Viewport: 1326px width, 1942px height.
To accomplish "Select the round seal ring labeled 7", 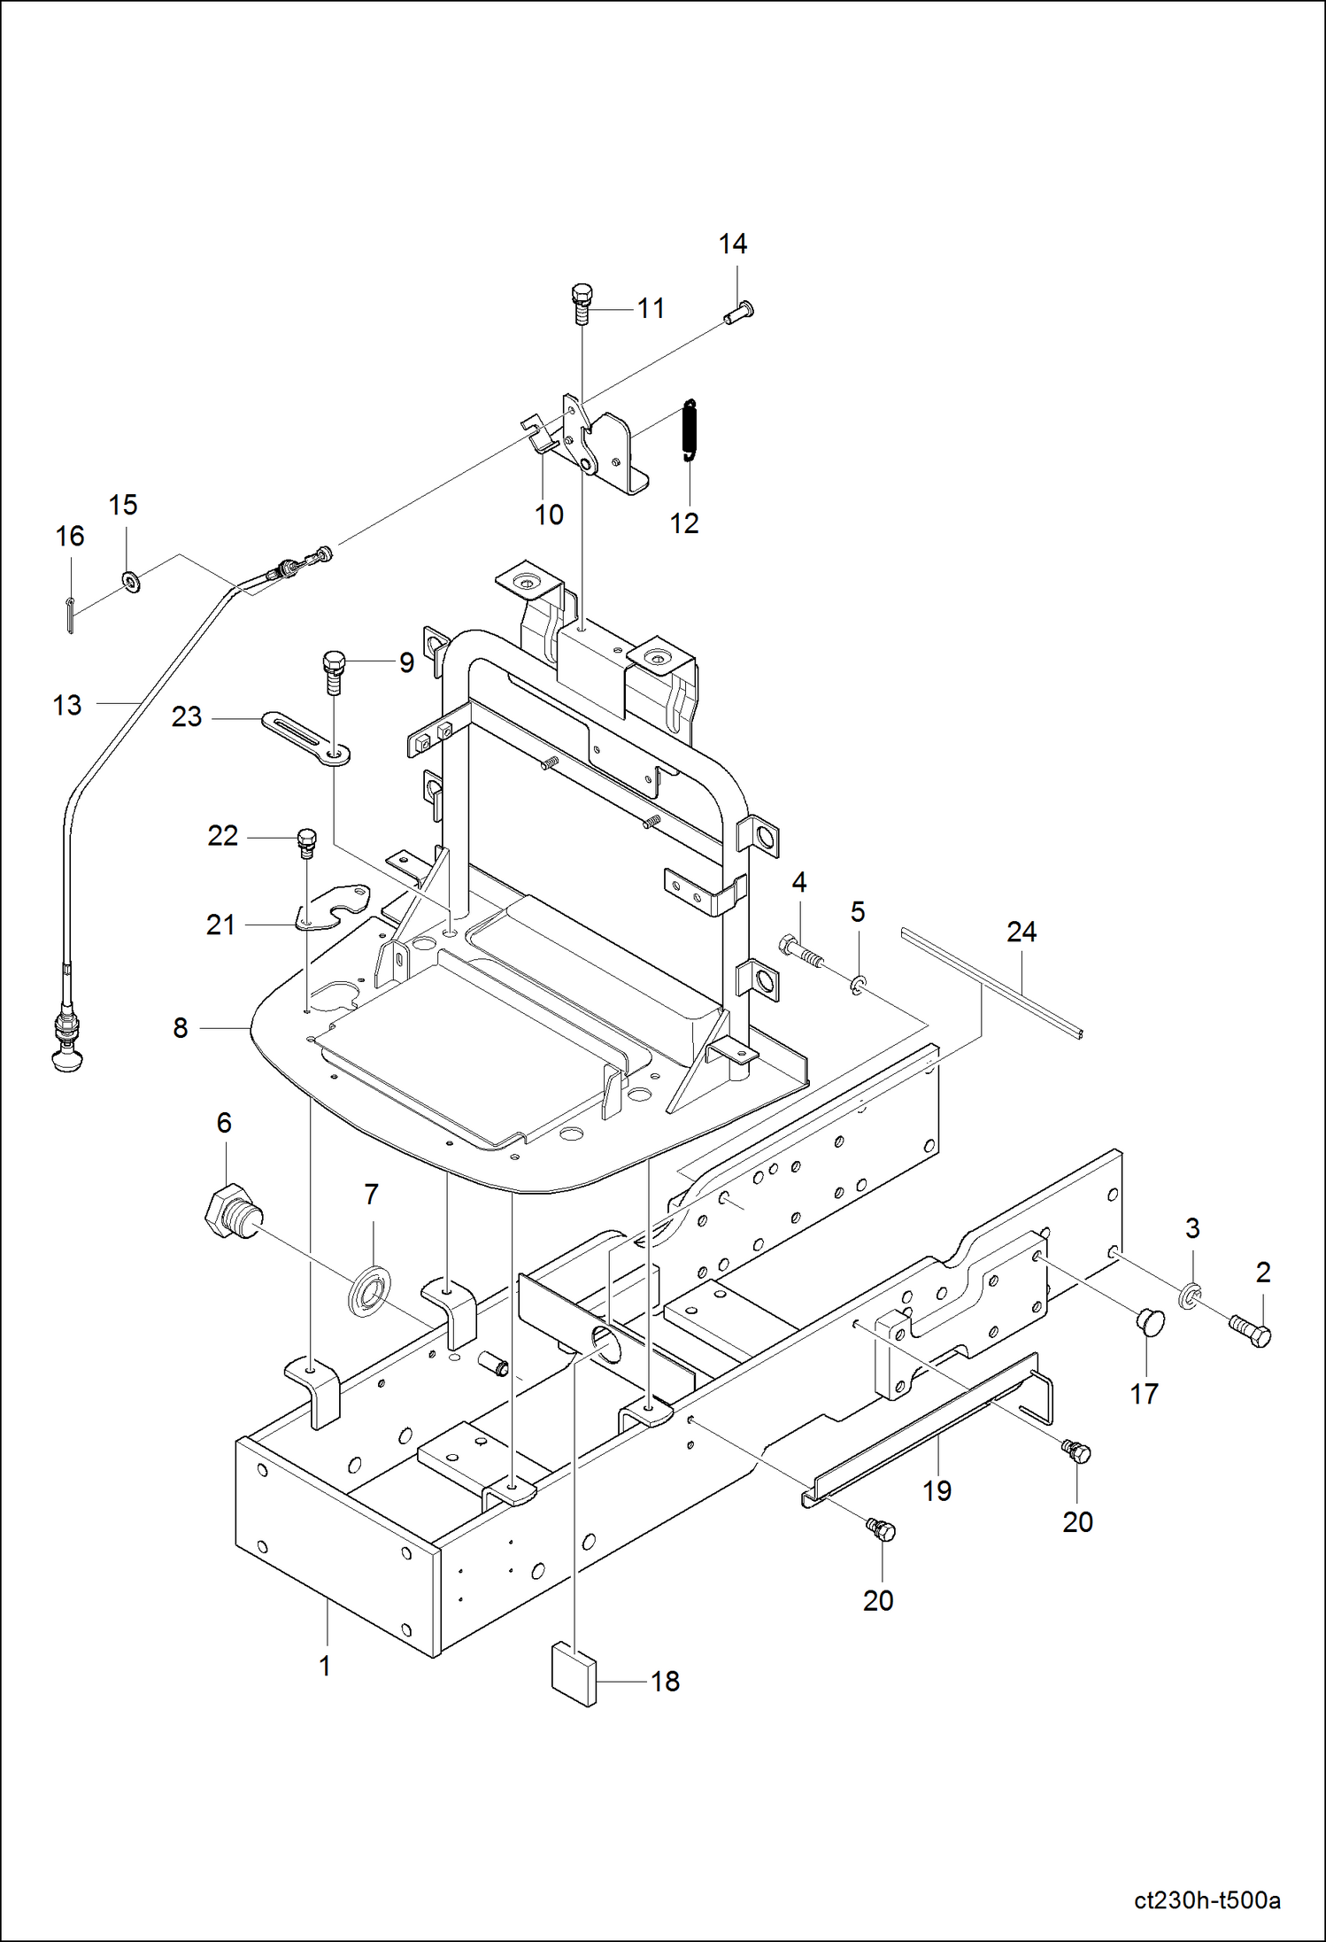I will click(x=369, y=1292).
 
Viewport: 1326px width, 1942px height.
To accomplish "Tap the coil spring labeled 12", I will click(x=690, y=431).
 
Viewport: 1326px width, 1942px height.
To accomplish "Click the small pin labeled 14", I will click(x=738, y=312).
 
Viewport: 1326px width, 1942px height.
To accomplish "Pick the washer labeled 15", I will click(x=132, y=583).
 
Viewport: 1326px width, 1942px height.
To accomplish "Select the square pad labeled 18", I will click(x=574, y=1674).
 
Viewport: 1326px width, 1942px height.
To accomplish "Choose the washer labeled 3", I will click(x=1191, y=1297).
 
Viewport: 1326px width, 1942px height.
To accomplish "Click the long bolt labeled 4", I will click(x=800, y=952).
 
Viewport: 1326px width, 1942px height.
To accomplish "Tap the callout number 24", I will click(x=1021, y=932).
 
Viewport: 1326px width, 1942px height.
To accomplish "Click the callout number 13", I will click(x=67, y=705).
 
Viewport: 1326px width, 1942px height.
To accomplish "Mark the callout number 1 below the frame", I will click(x=325, y=1666).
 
